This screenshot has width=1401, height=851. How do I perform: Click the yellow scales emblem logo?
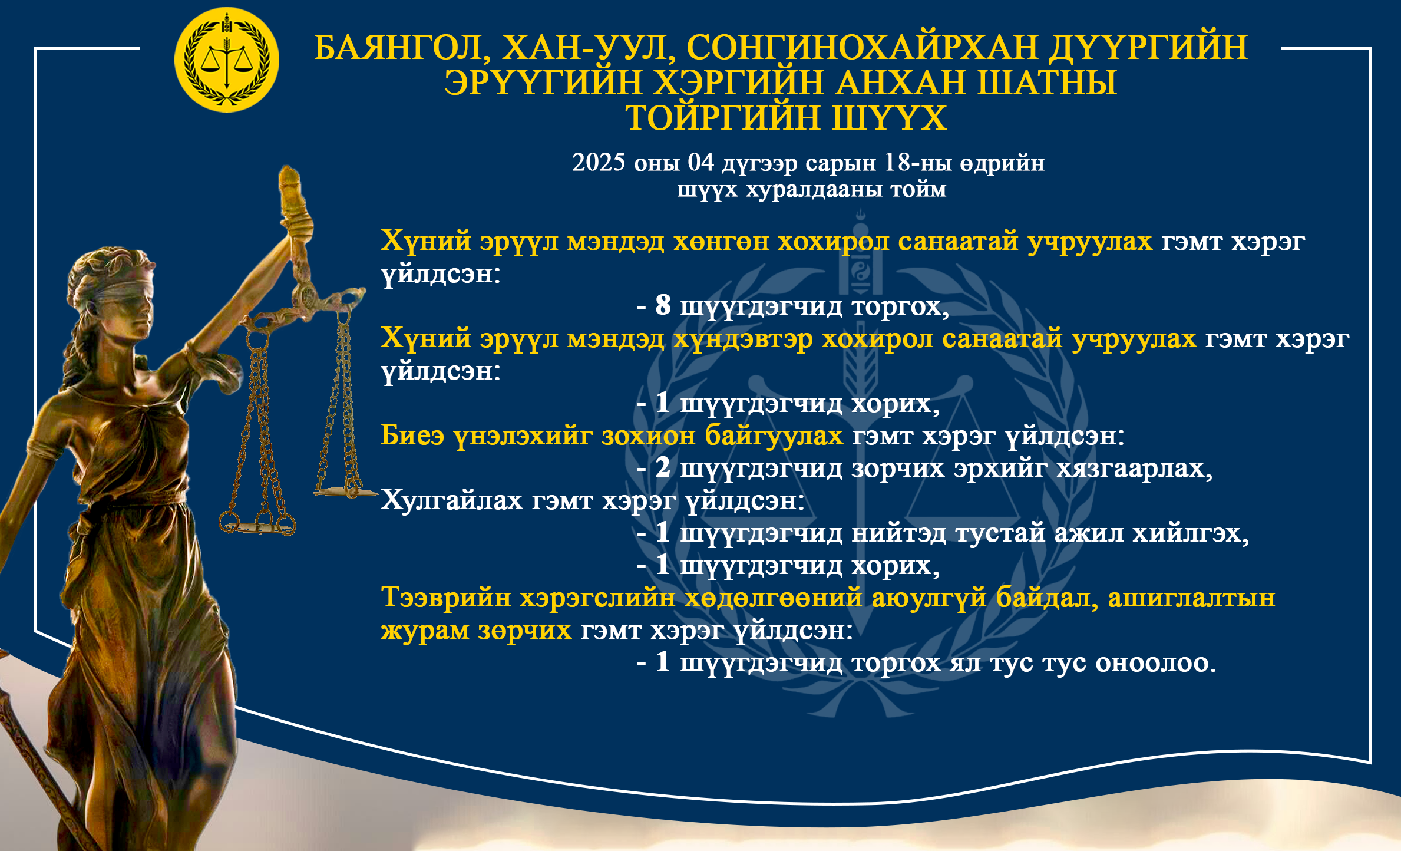click(x=227, y=60)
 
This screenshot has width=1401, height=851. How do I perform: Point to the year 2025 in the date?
click(x=599, y=163)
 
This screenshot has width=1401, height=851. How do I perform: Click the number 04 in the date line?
click(x=700, y=163)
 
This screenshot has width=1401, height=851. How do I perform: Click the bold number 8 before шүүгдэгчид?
click(x=663, y=305)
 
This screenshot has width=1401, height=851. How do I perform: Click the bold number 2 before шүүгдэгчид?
click(x=663, y=467)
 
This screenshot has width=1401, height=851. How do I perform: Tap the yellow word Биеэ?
click(x=412, y=436)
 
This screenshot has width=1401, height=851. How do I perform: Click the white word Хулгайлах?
click(x=452, y=500)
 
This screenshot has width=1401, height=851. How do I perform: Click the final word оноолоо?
click(x=1155, y=663)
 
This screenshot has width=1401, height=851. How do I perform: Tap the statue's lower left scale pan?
click(x=257, y=526)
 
